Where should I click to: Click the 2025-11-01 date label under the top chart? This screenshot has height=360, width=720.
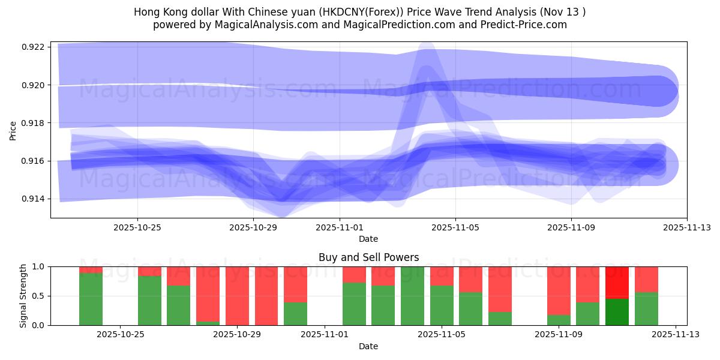(x=340, y=227)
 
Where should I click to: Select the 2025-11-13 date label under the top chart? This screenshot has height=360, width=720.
(x=687, y=227)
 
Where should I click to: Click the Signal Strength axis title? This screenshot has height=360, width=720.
(x=23, y=296)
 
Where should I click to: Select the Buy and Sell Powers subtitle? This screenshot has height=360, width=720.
(x=368, y=257)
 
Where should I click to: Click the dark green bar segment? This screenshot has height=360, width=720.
(x=617, y=312)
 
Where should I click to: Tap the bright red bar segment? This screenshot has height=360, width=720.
(x=617, y=282)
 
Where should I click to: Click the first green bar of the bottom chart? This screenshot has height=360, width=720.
(x=91, y=299)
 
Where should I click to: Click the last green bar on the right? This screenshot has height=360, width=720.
(x=646, y=308)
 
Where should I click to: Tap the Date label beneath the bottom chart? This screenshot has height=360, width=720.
(x=368, y=346)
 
